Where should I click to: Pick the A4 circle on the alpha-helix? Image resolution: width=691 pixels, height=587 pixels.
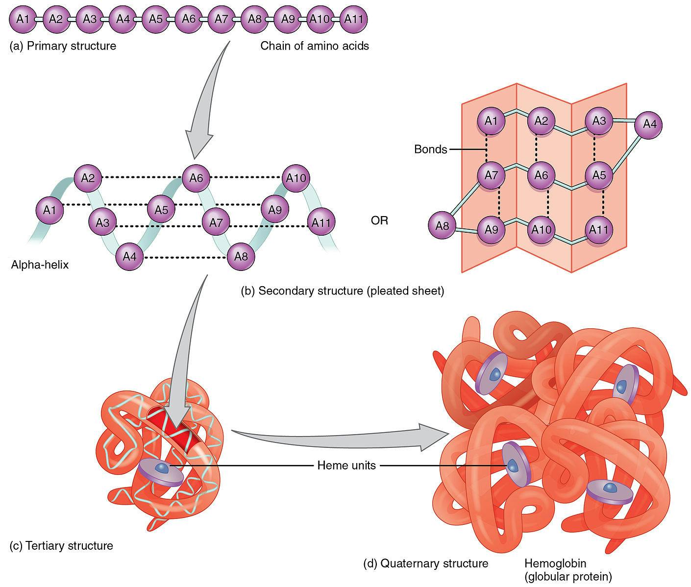[129, 256]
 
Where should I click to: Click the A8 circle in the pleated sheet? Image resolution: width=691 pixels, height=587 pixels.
[442, 226]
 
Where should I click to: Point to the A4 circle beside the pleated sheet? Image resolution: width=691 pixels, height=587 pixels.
[649, 124]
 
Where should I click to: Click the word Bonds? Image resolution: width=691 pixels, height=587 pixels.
[430, 149]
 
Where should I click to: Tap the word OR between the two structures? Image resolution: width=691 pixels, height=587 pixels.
[379, 220]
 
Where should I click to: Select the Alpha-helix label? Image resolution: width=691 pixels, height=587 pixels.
[40, 265]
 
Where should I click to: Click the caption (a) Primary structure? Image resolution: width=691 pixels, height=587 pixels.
[63, 46]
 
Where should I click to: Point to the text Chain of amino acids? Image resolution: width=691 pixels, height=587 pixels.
[315, 46]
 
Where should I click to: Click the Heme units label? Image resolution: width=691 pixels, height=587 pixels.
[346, 465]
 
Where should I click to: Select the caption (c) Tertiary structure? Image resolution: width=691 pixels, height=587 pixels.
[61, 545]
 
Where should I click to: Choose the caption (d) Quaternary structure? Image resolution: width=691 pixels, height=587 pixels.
[425, 563]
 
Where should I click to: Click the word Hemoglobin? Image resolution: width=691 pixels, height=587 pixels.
[555, 563]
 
